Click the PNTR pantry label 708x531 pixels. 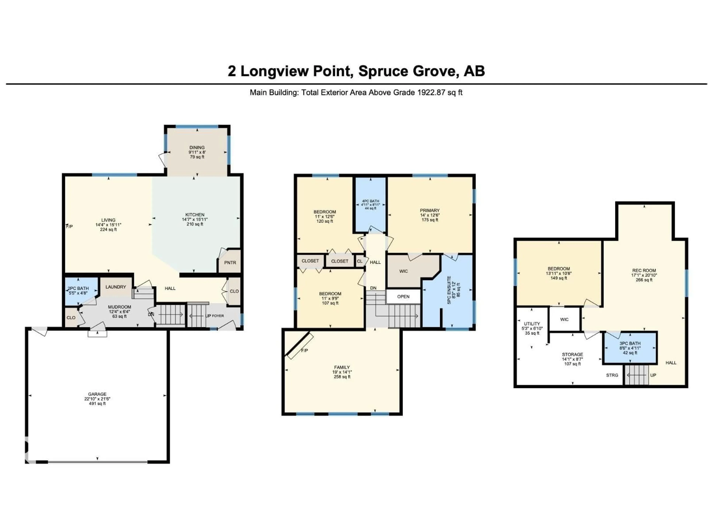pos(230,263)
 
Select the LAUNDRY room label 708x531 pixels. pos(116,287)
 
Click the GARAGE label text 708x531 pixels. pos(97,394)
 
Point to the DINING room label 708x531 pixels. pos(197,147)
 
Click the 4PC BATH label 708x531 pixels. pos(370,201)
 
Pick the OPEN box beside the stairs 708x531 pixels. pos(403,296)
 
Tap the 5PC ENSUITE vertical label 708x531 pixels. pos(449,290)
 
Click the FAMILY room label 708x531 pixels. pos(342,367)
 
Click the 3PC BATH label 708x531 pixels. pos(630,343)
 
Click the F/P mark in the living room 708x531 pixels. pos(70,226)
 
